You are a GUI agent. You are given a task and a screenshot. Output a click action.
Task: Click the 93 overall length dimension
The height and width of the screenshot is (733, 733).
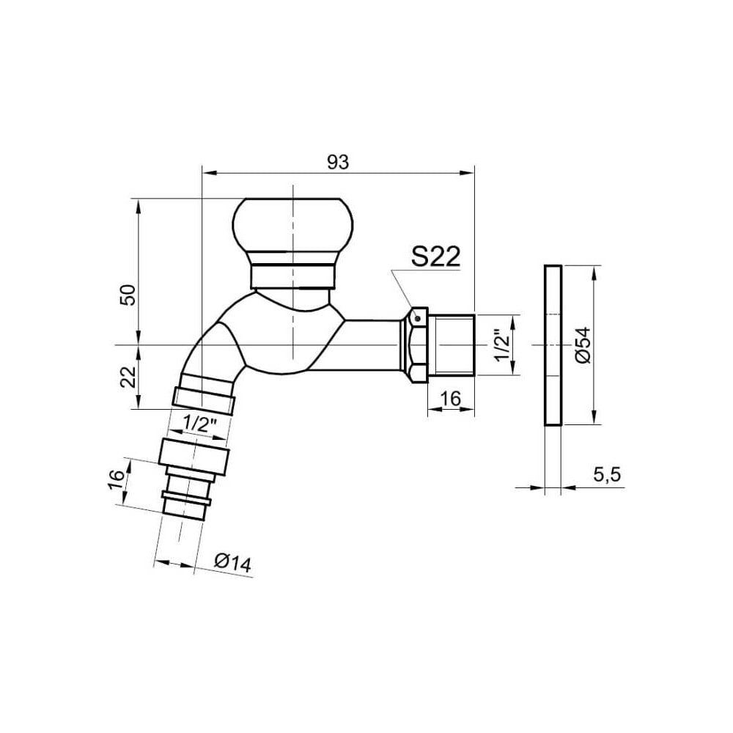[x=337, y=163]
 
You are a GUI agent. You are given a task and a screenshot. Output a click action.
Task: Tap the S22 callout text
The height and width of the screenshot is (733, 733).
[x=435, y=257]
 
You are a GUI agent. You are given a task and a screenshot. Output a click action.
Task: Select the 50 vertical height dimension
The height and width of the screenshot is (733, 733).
[x=128, y=295]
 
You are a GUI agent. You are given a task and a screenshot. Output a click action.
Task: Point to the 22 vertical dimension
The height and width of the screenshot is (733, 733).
[x=128, y=377]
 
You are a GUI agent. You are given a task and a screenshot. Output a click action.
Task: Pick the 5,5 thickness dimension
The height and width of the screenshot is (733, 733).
[x=607, y=475]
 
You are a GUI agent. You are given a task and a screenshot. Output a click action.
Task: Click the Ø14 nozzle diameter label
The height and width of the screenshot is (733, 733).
[x=233, y=563]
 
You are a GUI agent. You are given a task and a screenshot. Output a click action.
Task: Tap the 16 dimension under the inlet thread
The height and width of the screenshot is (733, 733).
[x=451, y=399]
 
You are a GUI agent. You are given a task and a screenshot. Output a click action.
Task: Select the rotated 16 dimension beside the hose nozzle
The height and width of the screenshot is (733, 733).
[x=117, y=480]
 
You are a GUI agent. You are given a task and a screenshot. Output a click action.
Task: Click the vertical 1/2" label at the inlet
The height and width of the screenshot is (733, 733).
[x=503, y=346]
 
